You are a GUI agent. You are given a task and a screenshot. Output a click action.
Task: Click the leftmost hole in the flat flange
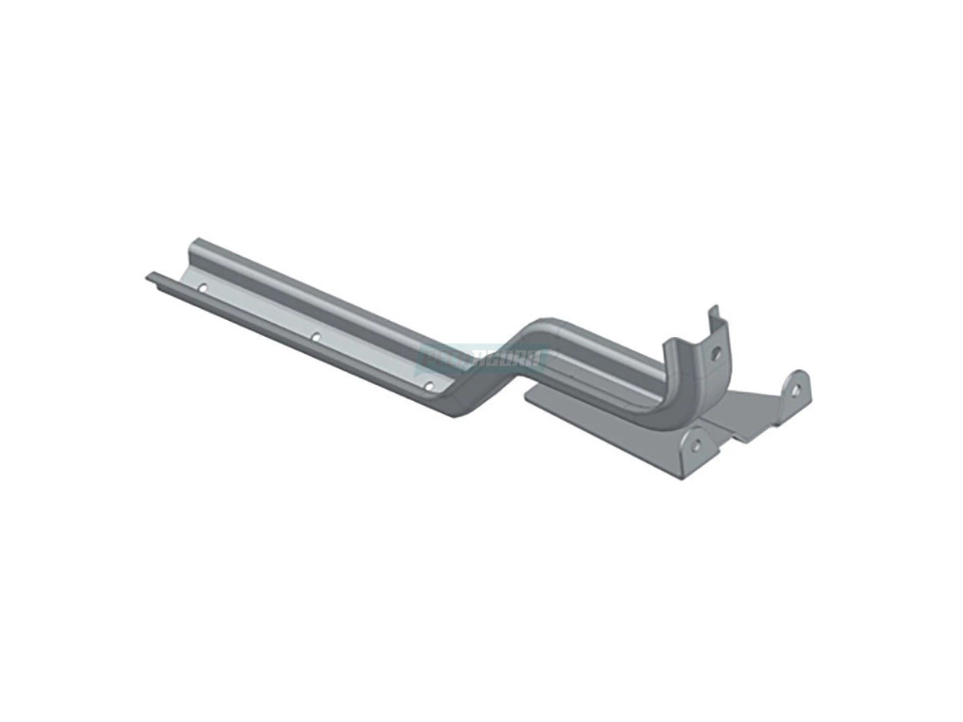202,287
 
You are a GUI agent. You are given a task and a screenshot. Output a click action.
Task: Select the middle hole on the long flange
315,337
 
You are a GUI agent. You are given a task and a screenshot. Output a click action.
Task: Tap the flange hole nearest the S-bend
429,386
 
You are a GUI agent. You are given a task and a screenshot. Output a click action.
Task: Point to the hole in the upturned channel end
715,351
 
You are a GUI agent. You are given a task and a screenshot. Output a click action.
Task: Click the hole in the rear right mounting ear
794,389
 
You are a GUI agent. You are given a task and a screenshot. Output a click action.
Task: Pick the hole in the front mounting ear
696,442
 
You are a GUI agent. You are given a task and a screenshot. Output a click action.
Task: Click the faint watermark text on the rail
481,358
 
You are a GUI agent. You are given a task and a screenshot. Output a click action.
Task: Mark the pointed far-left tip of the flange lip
148,277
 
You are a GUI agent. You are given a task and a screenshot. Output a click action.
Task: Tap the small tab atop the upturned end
711,313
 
